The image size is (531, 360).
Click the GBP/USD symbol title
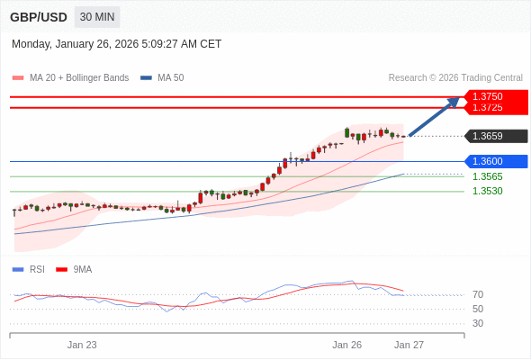(x=39, y=17)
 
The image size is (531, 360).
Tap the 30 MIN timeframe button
(x=97, y=17)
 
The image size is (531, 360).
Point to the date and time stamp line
(x=116, y=44)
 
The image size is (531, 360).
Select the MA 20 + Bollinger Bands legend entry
(x=78, y=78)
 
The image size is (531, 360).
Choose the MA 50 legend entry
(x=170, y=78)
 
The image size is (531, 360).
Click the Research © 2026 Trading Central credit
(x=455, y=78)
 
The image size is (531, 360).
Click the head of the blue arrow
(x=455, y=101)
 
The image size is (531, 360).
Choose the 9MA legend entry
(x=82, y=269)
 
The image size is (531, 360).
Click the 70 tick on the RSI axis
(x=478, y=294)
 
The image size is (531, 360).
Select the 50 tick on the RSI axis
(x=478, y=309)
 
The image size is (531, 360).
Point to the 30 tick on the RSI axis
(x=478, y=323)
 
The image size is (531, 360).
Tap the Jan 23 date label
(x=82, y=345)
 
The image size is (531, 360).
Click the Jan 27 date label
(x=409, y=345)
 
